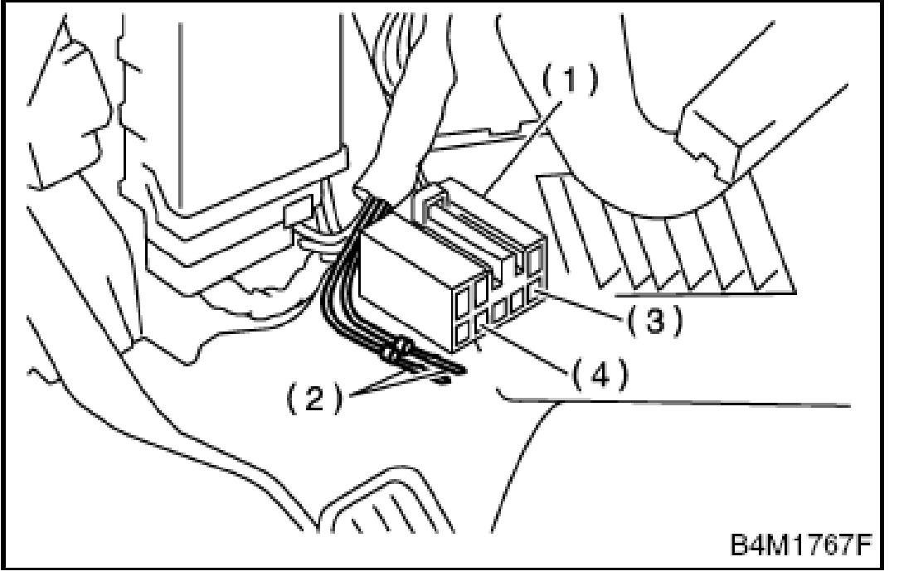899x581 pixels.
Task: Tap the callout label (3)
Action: coord(654,320)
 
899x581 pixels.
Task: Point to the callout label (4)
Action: coord(599,375)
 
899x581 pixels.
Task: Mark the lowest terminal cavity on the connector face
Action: coord(461,336)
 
